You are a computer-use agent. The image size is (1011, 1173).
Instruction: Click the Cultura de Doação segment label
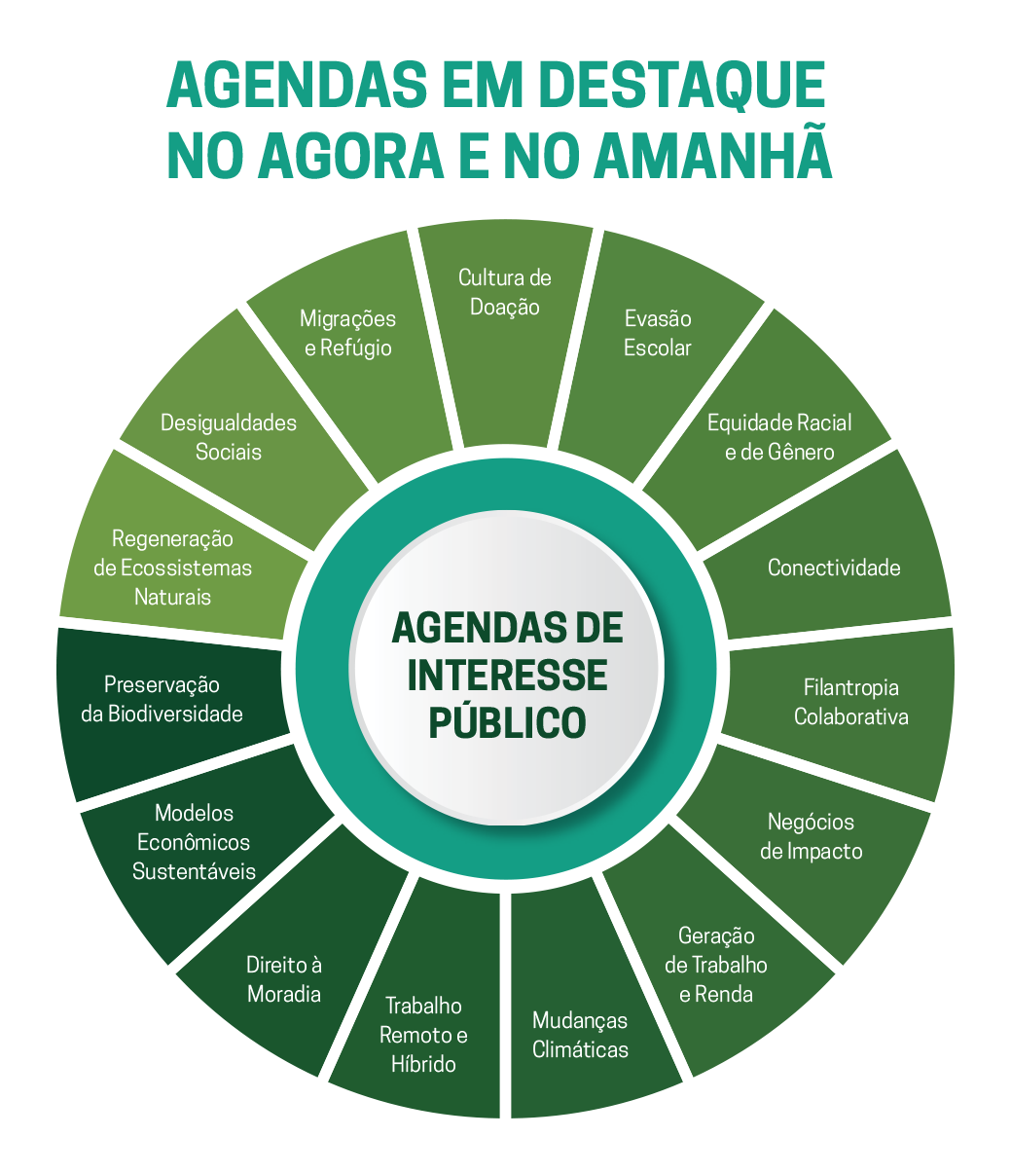point(504,292)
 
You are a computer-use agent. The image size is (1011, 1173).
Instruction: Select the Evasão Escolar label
point(657,333)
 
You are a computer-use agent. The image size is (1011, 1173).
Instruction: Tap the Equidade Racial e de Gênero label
point(778,437)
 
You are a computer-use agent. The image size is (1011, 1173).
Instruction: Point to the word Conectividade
point(834,568)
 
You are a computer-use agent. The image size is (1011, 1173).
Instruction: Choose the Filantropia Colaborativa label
point(850,702)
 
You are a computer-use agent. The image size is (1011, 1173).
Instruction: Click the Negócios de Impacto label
point(811,836)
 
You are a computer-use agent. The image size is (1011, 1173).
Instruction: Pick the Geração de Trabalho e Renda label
point(716,965)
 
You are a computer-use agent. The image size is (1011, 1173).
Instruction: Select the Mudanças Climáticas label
point(580,1035)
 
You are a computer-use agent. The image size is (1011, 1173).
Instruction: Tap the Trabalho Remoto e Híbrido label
point(423,1035)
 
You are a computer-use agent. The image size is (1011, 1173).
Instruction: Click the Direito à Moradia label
point(283,979)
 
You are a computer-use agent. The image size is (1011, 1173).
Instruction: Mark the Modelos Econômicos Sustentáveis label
point(194,842)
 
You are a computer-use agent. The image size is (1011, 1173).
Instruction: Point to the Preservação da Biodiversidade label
point(162,699)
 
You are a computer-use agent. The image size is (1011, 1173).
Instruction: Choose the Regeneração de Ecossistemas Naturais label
point(172,568)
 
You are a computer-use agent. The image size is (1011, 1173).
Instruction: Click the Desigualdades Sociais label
point(228,437)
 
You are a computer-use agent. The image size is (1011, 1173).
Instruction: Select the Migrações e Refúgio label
point(347,333)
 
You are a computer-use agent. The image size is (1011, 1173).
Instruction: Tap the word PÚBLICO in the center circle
point(507,722)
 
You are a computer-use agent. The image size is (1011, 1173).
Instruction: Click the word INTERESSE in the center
point(507,676)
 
